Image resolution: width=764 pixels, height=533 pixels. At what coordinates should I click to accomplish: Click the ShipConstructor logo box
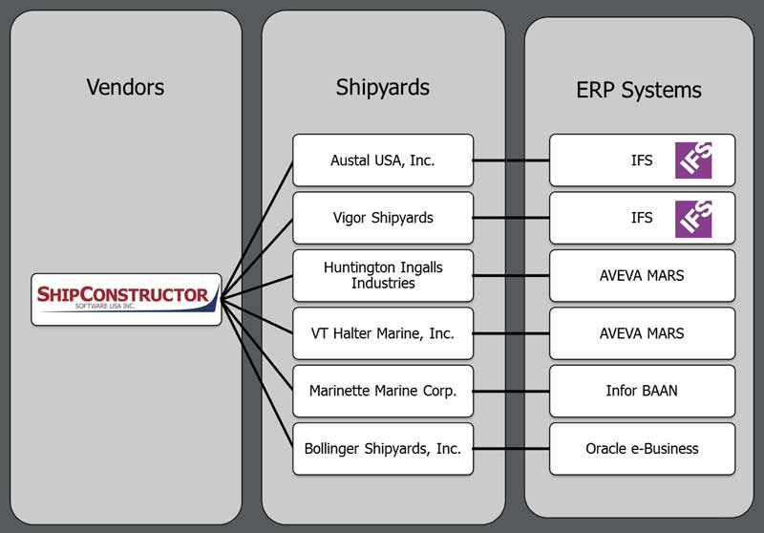[126, 299]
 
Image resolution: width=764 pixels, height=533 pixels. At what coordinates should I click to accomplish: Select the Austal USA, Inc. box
[383, 160]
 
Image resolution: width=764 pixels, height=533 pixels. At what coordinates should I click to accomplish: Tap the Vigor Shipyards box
[383, 218]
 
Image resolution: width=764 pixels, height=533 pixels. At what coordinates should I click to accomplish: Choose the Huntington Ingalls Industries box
[383, 276]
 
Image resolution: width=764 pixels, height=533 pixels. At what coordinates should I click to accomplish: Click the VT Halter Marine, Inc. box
[383, 333]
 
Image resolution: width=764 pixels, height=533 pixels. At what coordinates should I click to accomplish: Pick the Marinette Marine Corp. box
[383, 391]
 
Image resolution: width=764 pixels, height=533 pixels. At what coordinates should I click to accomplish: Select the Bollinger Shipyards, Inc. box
[383, 449]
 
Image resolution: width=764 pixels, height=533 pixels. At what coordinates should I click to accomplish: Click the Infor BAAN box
[642, 391]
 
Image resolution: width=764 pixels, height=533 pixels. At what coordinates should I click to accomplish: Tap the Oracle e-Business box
[642, 449]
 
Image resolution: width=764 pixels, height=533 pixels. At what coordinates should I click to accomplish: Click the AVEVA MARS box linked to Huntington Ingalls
[642, 276]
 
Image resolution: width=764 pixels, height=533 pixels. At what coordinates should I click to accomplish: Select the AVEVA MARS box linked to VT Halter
[642, 333]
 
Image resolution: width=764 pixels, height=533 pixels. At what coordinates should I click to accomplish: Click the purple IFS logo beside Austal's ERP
[693, 160]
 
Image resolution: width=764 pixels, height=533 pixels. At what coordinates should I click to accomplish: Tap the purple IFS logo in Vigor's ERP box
[693, 218]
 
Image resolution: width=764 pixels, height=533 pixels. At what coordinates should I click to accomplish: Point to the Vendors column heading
[125, 87]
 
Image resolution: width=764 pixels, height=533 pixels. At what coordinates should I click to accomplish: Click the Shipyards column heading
[383, 87]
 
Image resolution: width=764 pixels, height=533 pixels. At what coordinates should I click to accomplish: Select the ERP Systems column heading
[639, 91]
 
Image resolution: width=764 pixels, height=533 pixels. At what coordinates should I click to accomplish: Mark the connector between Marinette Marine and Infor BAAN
[512, 391]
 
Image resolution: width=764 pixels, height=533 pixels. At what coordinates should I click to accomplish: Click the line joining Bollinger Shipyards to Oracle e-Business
[512, 449]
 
